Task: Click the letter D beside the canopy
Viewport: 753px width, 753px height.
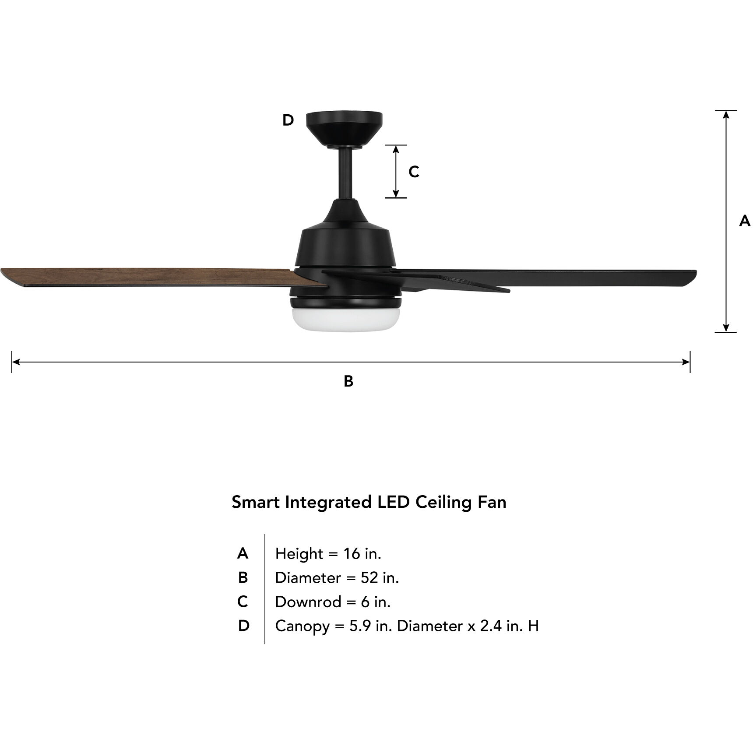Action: [288, 120]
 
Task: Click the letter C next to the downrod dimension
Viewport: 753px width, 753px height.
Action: [414, 172]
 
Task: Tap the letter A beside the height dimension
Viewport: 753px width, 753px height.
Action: [744, 221]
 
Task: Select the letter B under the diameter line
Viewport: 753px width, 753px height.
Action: [348, 381]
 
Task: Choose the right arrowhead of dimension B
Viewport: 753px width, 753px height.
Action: [686, 362]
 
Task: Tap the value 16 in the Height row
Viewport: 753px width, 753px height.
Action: [351, 554]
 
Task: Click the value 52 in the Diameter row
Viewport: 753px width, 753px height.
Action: [369, 578]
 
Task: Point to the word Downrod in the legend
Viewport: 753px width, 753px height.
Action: [308, 602]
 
